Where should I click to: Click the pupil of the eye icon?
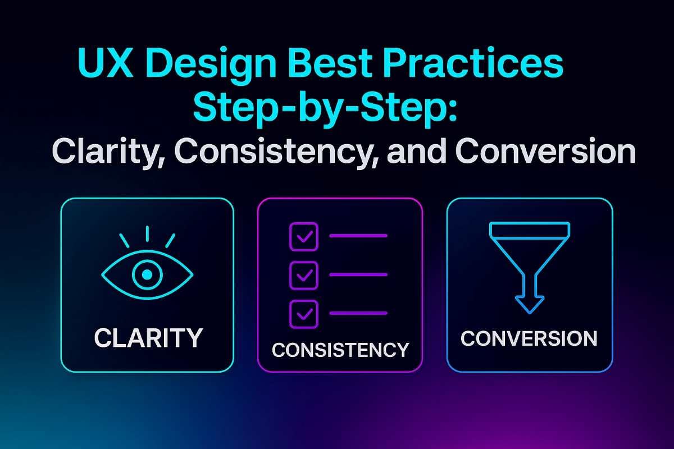[147, 274]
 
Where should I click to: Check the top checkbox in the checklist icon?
[303, 236]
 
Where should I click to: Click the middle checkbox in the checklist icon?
[303, 274]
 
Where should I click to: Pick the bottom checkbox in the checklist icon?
[303, 313]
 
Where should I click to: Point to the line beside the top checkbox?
[358, 236]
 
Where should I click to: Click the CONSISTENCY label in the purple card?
[340, 350]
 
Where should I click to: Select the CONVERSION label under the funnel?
[529, 338]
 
